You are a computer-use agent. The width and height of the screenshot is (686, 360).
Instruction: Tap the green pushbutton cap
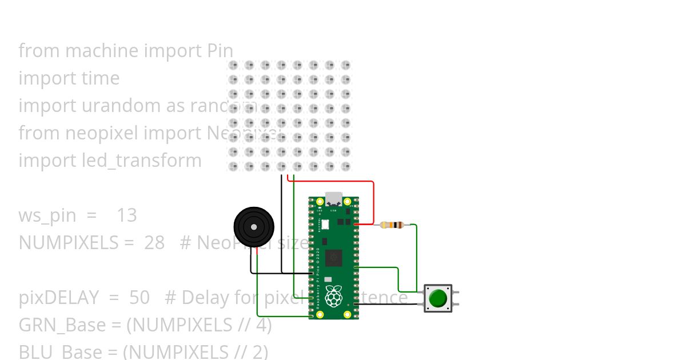(x=438, y=298)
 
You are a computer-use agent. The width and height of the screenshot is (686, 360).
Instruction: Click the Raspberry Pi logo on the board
(x=333, y=296)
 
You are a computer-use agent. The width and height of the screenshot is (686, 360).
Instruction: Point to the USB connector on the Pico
(x=334, y=199)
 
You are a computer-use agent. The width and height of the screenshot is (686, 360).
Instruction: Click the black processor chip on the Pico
(x=333, y=259)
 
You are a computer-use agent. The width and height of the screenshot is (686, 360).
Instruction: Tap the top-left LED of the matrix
(x=233, y=66)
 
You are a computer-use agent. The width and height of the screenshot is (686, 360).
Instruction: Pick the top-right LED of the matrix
(x=345, y=66)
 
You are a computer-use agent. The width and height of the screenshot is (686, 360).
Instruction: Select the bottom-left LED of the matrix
(x=233, y=166)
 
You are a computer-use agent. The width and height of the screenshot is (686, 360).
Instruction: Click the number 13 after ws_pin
(x=126, y=215)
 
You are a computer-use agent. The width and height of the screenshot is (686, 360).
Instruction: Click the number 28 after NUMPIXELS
(x=154, y=243)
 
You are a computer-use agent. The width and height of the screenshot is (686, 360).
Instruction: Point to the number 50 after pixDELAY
(x=139, y=298)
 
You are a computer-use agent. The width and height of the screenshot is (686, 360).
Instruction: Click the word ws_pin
(x=47, y=215)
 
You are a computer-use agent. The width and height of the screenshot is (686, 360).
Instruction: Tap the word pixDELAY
(x=53, y=298)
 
